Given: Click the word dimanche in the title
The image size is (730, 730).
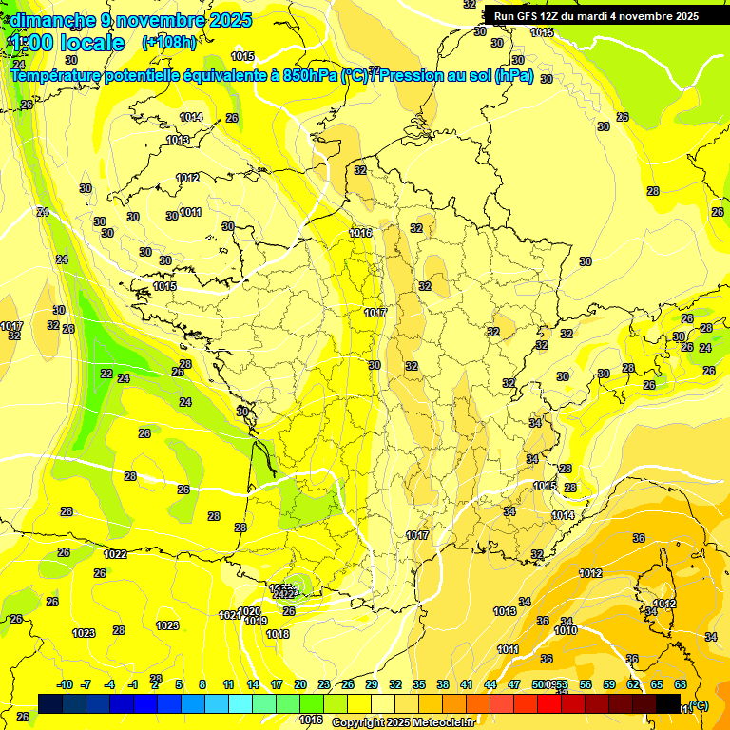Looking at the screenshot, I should tap(52, 20).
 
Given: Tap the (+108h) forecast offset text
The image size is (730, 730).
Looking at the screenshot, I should tap(169, 43).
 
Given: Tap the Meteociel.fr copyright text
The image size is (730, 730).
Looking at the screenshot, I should tap(403, 722).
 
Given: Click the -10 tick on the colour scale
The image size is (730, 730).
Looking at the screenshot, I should tap(66, 684).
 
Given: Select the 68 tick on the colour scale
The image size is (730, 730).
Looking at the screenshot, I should tap(681, 684).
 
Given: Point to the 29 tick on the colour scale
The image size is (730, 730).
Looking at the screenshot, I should tap(372, 684).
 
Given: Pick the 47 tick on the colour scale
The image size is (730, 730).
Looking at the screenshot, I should tap(514, 684).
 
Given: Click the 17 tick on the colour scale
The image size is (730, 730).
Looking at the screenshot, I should tap(277, 684).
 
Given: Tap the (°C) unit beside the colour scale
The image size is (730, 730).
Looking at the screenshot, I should tap(699, 706).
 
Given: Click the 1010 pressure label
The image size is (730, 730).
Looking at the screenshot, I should tap(567, 630).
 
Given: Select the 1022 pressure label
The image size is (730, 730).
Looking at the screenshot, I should tap(116, 554).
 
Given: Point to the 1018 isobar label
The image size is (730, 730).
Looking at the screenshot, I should tap(278, 634).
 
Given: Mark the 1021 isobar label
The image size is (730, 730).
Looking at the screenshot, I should tap(229, 615).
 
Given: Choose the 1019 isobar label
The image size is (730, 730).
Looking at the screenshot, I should tap(256, 621).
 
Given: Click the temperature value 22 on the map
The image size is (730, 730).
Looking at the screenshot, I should tap(106, 374).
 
